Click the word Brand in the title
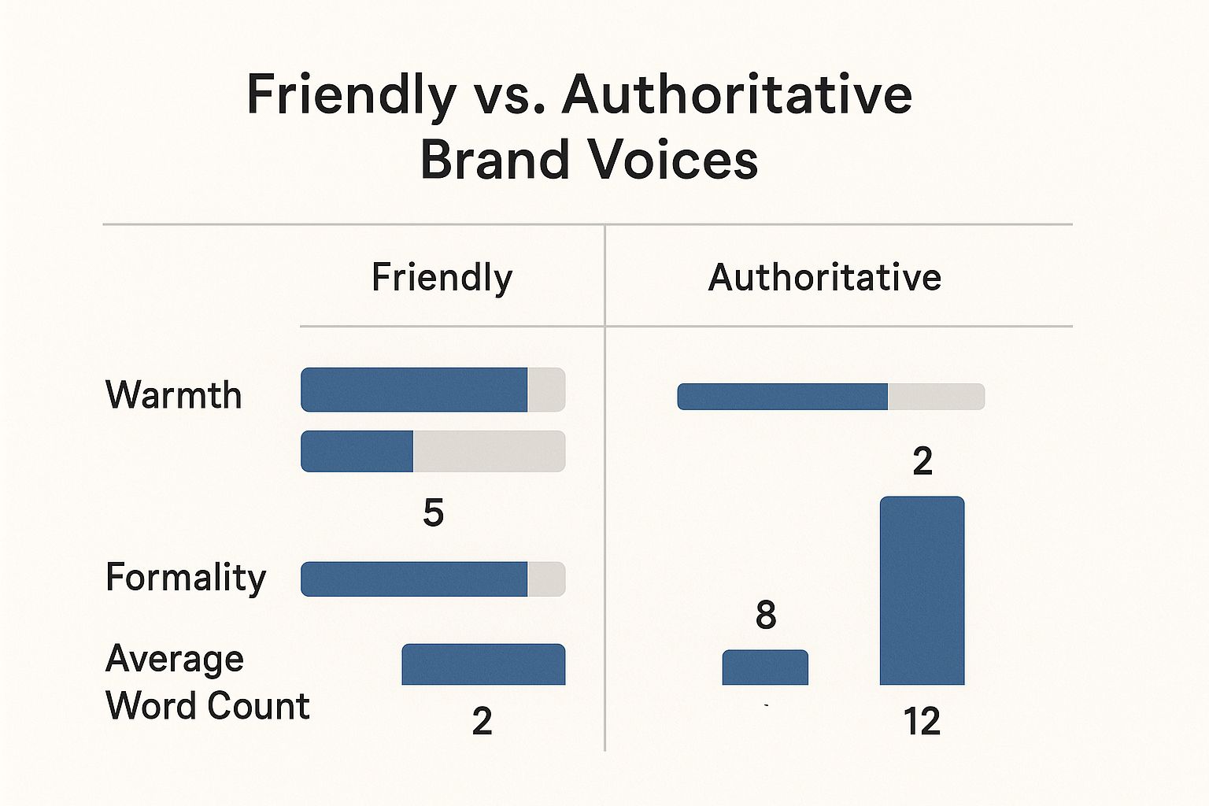pyautogui.click(x=494, y=160)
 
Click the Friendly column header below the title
pyautogui.click(x=442, y=278)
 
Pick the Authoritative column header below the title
pyautogui.click(x=824, y=278)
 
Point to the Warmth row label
pyautogui.click(x=173, y=394)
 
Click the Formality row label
pyautogui.click(x=186, y=577)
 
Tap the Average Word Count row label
pyautogui.click(x=207, y=682)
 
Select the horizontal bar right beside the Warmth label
pyautogui.click(x=432, y=390)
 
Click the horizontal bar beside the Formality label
pyautogui.click(x=432, y=579)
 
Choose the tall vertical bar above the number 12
pyautogui.click(x=922, y=590)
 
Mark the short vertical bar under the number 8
pyautogui.click(x=765, y=667)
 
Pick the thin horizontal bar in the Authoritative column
pyautogui.click(x=830, y=397)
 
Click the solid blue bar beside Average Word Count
pyautogui.click(x=483, y=664)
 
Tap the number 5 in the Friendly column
pyautogui.click(x=433, y=512)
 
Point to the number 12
pyautogui.click(x=922, y=721)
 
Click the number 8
pyautogui.click(x=765, y=615)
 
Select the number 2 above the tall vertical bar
pyautogui.click(x=922, y=460)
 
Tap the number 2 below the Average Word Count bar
pyautogui.click(x=482, y=721)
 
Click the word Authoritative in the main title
pyautogui.click(x=737, y=94)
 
